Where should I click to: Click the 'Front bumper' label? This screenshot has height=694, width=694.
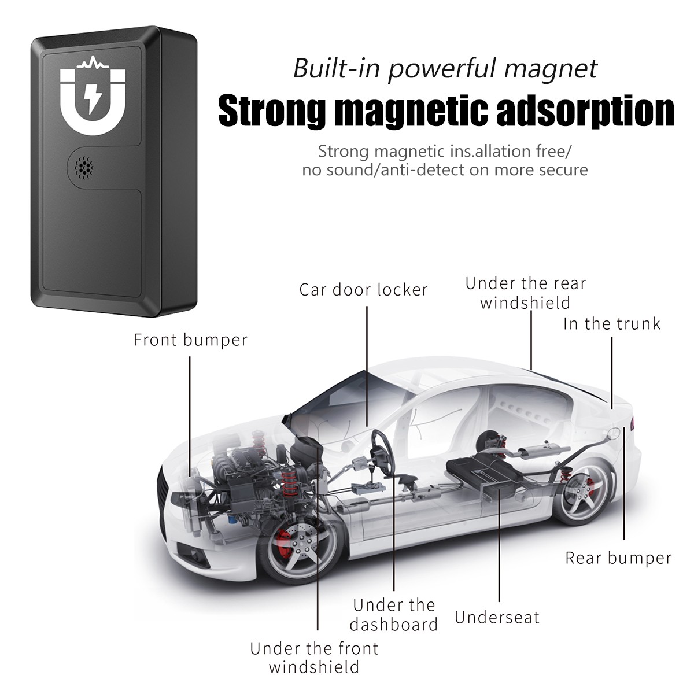click(190, 339)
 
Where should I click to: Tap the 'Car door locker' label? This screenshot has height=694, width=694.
click(363, 289)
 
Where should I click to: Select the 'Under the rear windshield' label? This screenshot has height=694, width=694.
click(525, 293)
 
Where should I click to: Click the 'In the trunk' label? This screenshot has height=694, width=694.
click(611, 323)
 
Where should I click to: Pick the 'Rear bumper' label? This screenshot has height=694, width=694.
click(618, 558)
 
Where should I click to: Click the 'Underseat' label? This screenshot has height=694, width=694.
click(497, 617)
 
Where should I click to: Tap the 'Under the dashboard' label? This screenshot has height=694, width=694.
click(394, 615)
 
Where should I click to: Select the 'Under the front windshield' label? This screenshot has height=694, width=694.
click(314, 658)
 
